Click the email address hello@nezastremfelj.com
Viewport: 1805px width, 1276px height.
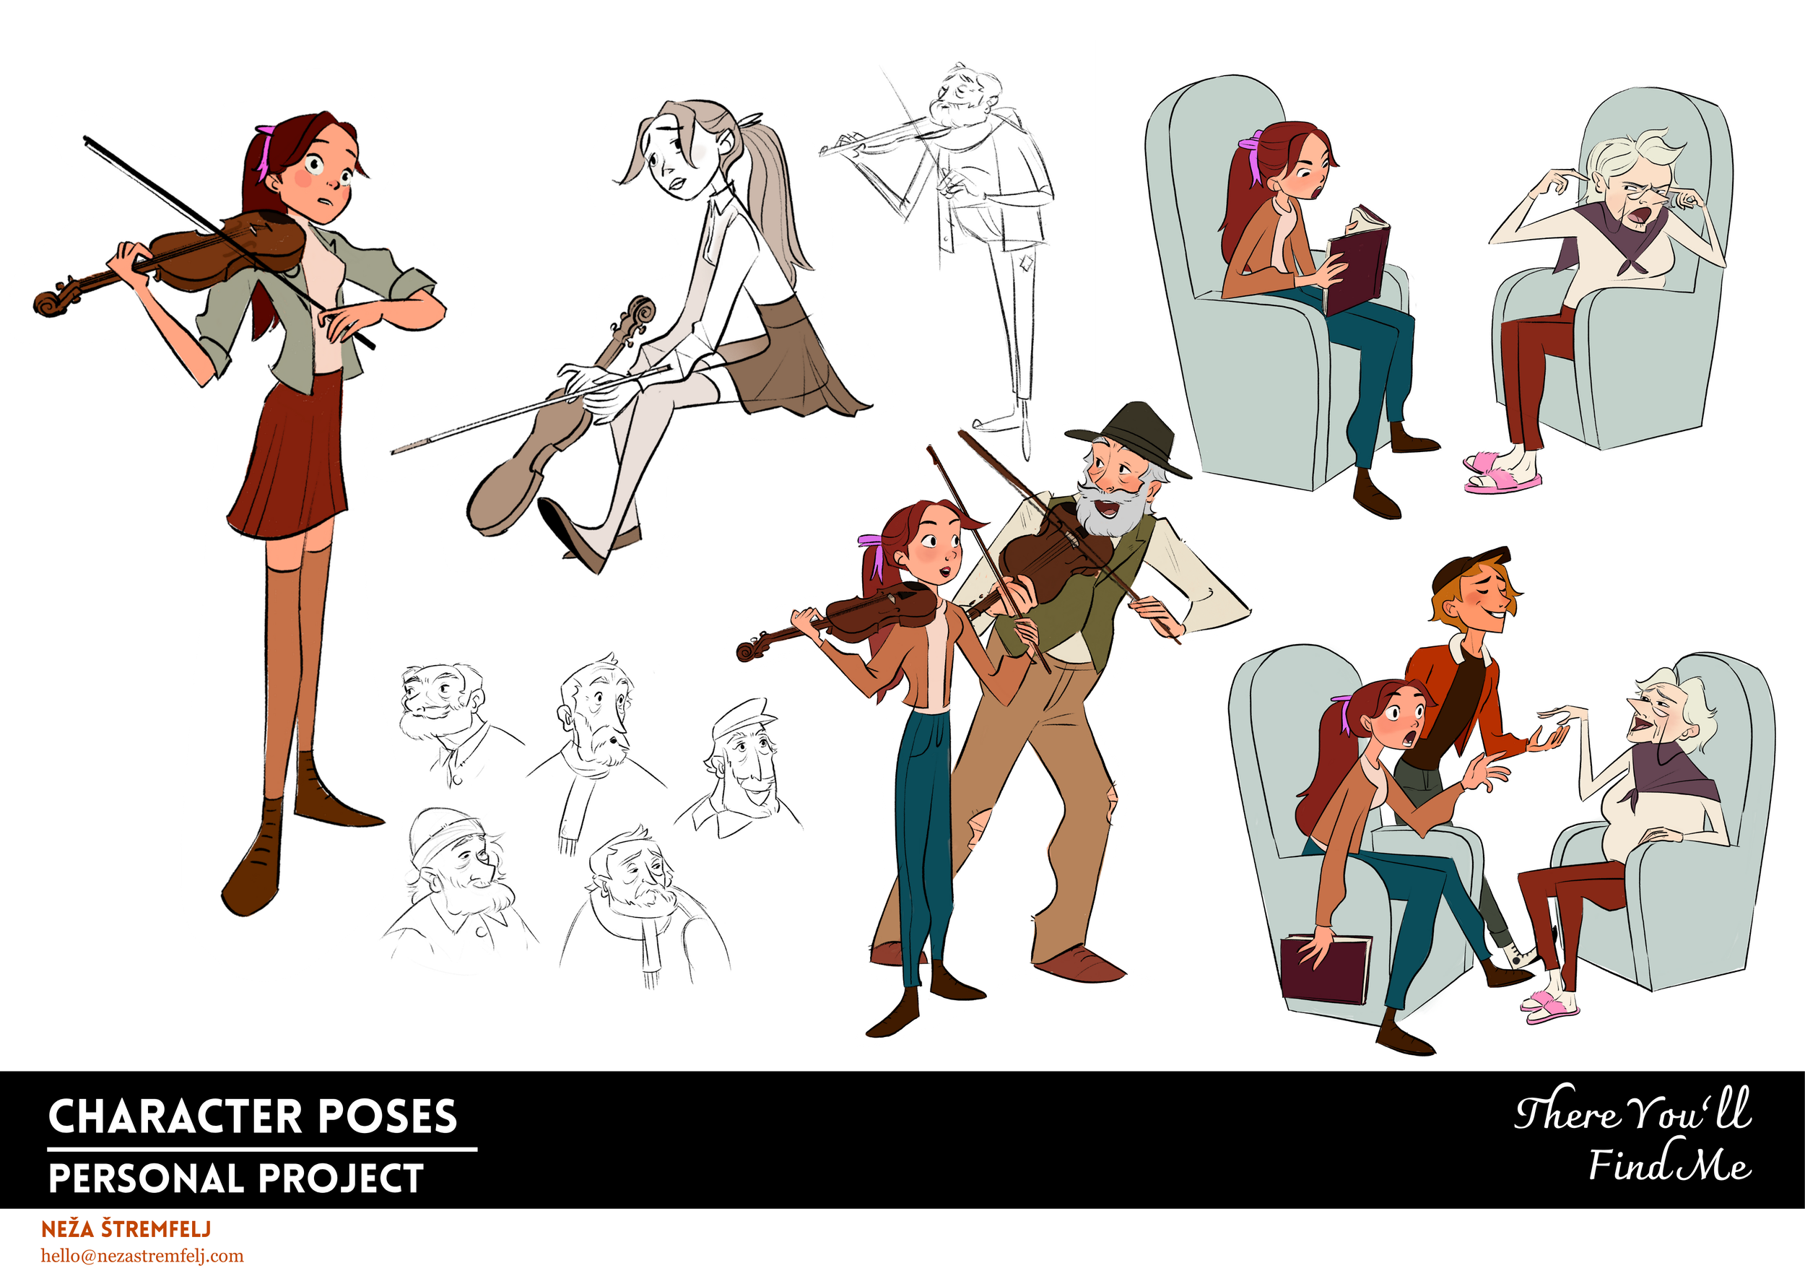click(142, 1256)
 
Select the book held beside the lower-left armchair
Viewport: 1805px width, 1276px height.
click(1325, 968)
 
